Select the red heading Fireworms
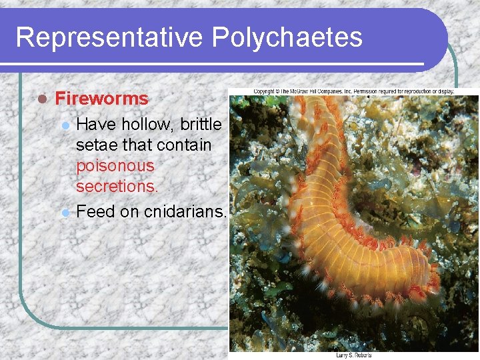pos(101,99)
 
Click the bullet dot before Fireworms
pos(41,99)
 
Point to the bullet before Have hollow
pos(65,125)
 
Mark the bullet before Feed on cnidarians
pos(65,213)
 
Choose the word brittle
pos(201,125)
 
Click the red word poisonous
pos(115,165)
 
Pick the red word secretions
pos(117,186)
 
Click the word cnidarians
pos(186,212)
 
